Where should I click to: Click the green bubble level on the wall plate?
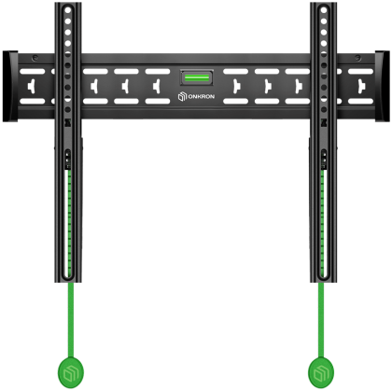click(x=196, y=76)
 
